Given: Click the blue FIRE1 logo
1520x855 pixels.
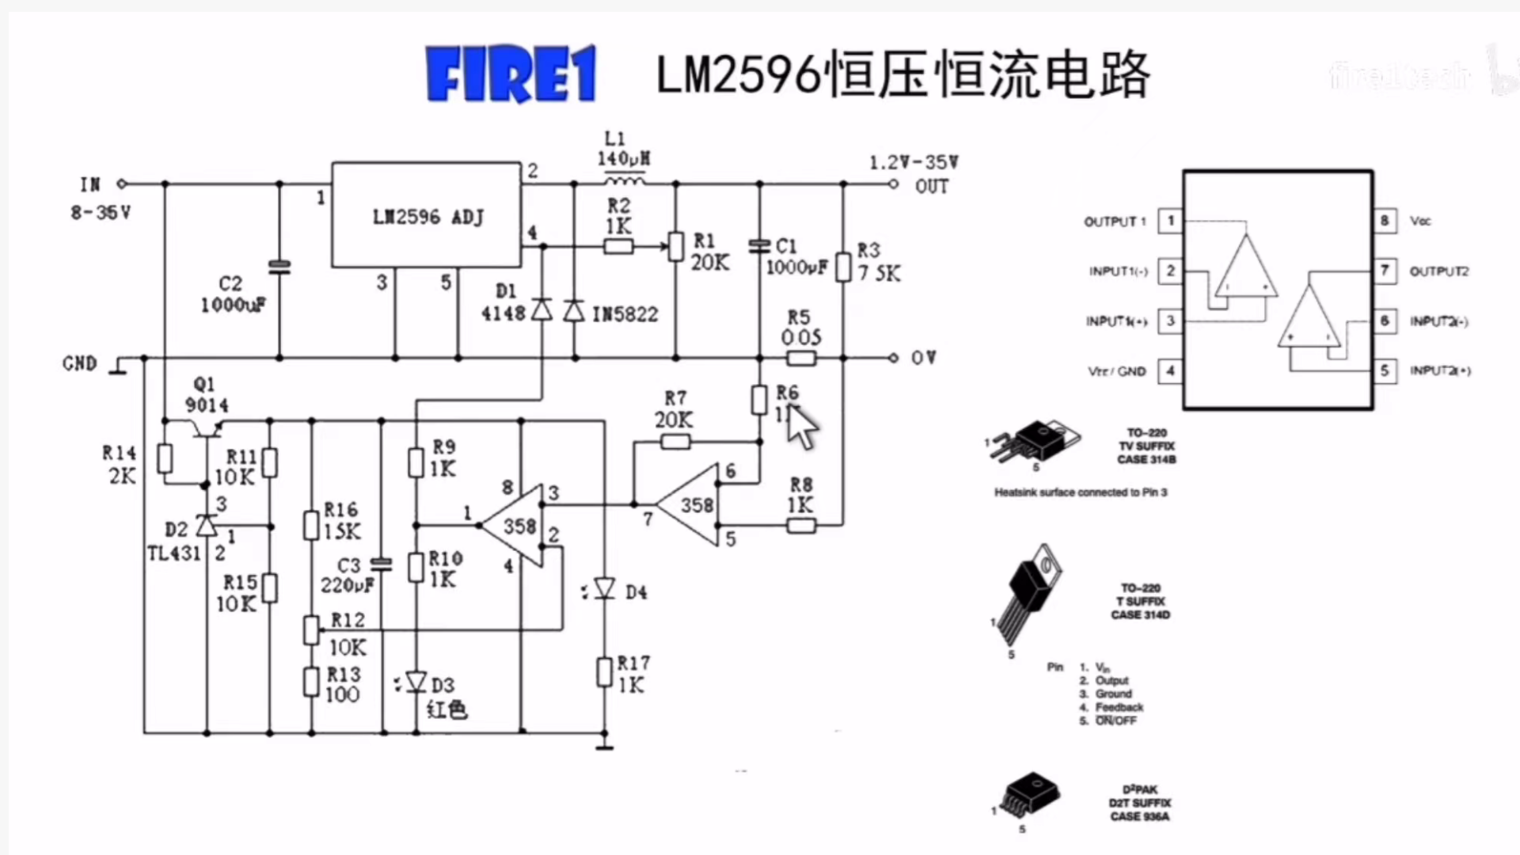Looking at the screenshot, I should (x=511, y=74).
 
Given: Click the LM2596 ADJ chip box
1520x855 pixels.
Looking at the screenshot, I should (x=426, y=215).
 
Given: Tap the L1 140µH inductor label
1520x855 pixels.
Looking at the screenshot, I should (x=622, y=150).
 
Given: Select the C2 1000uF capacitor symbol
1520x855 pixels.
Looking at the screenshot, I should (x=279, y=267).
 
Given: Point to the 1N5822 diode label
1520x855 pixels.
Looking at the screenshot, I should (x=625, y=314).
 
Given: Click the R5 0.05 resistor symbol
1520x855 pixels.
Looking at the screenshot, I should (x=800, y=359).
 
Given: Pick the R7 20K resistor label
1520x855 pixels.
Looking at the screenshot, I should (x=674, y=408).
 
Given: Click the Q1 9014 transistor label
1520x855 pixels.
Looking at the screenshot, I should (x=206, y=394).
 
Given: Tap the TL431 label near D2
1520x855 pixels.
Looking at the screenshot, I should (x=173, y=553).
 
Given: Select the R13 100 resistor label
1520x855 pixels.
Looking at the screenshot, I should (x=343, y=685).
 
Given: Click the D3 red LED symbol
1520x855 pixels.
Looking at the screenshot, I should (x=416, y=682).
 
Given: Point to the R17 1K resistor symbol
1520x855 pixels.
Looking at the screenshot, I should (x=604, y=673).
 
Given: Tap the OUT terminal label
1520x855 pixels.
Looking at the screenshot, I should (x=931, y=187).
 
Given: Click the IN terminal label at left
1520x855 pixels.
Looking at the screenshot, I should (x=90, y=184).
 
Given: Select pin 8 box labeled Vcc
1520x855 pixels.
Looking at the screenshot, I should (x=1384, y=221).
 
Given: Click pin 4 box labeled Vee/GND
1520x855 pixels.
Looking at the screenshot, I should (x=1170, y=370).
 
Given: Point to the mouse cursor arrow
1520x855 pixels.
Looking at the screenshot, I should (x=801, y=426).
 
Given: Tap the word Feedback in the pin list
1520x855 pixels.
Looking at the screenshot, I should (x=1119, y=707).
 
